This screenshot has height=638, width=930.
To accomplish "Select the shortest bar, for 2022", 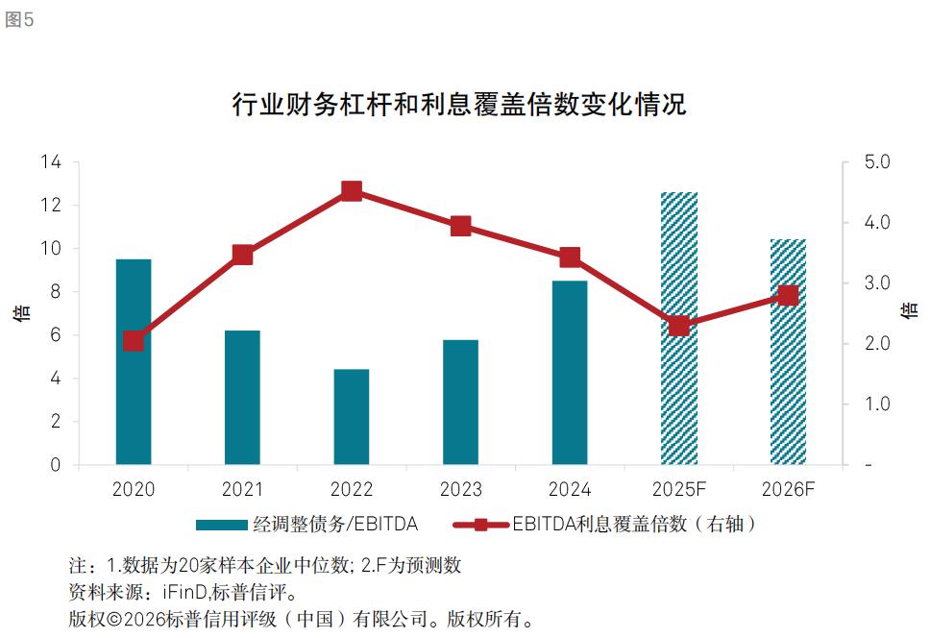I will [352, 417].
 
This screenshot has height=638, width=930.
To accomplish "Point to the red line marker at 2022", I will [352, 191].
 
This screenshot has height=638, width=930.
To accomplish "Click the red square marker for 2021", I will [243, 255].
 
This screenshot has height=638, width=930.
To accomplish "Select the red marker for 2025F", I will [679, 326].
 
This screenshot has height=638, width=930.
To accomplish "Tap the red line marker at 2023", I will [461, 226].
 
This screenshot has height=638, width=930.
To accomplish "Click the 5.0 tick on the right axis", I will [877, 162].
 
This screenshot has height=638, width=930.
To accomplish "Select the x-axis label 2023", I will [461, 490].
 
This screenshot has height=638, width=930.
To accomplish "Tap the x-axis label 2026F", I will [788, 490].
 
